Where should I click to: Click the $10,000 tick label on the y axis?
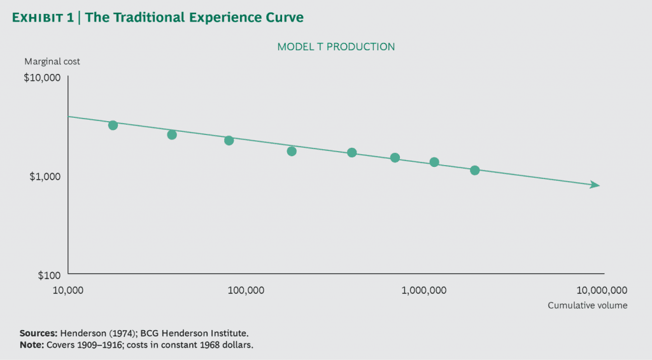[42, 78]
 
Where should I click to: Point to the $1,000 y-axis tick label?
[45, 176]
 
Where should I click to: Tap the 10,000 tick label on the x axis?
[67, 291]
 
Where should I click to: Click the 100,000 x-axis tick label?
[245, 291]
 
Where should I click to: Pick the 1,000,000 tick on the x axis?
[423, 291]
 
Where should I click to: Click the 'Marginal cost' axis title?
[52, 62]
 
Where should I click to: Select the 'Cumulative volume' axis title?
[587, 305]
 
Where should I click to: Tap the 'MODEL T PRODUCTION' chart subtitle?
[336, 47]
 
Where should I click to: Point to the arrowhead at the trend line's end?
[595, 185]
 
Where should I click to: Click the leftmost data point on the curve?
[113, 126]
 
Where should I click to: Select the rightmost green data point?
[474, 170]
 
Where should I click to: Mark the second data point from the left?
[172, 135]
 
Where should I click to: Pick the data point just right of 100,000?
[292, 151]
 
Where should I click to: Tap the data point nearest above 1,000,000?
[434, 162]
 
